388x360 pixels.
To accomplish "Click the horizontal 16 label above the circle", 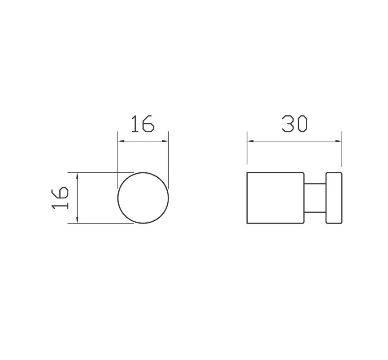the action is tap(143, 124).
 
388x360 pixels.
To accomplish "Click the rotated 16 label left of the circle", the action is tap(60, 198).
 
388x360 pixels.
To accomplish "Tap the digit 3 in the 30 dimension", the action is tap(288, 123).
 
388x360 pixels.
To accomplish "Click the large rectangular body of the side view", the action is tap(276, 198).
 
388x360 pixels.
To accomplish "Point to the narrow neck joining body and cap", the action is tap(315, 198).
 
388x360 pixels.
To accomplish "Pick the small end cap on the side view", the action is tap(334, 198).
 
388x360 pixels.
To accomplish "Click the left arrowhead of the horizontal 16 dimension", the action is tap(121, 141).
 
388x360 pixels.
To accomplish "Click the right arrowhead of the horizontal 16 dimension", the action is tap(165, 141).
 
